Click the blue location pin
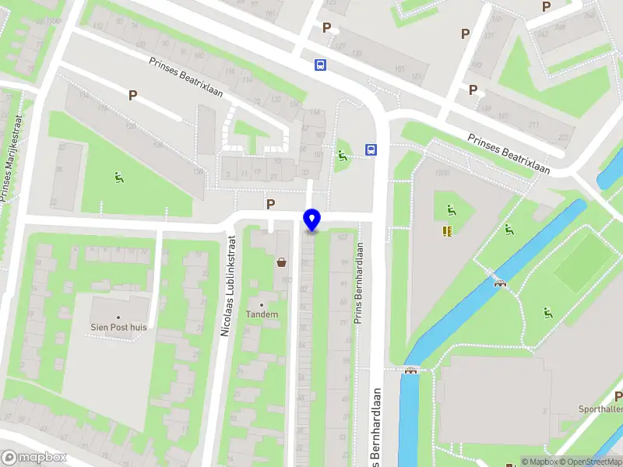coord(312,219)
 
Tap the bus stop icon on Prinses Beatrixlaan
coord(320,65)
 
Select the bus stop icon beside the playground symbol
coord(371,150)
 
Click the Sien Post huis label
coord(118,327)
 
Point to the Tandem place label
coord(262,314)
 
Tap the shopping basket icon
coord(281,263)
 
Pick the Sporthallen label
coord(600,409)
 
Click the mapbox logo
coord(33,457)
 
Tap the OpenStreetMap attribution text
coord(590,462)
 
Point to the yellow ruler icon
coord(448,230)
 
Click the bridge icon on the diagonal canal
coord(500,282)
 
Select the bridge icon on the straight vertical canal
coord(410,370)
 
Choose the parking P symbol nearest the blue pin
coord(271,205)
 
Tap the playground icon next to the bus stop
coord(343,155)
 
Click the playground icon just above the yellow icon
coord(450,209)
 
